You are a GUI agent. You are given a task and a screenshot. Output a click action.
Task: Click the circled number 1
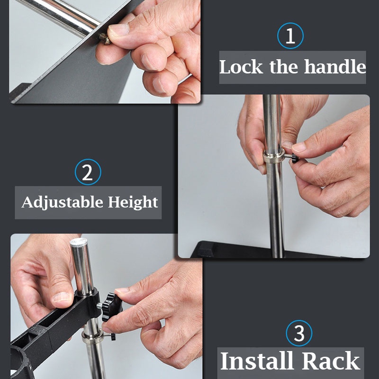pos(290,36)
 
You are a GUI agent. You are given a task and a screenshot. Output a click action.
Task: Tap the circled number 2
pos(88,172)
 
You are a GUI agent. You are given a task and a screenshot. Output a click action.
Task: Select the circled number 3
pos(299,333)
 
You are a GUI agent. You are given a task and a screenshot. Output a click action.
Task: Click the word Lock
pos(241,67)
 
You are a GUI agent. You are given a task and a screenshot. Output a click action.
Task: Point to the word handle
pos(335,66)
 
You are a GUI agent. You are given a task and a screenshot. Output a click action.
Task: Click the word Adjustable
pos(63,203)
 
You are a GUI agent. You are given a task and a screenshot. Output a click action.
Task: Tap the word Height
pos(133,203)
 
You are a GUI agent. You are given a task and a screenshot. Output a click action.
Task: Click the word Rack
pos(331,361)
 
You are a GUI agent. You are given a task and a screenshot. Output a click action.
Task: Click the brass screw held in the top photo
pos(105,39)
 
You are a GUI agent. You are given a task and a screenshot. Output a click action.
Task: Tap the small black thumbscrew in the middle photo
pos(295,158)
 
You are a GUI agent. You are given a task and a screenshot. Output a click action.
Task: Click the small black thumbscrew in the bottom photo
pos(113,336)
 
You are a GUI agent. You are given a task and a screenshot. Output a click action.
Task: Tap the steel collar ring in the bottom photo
pos(93,336)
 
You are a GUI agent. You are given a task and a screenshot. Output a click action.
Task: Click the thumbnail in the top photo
pos(119,30)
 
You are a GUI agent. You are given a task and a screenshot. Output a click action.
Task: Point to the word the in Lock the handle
pos(283,66)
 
